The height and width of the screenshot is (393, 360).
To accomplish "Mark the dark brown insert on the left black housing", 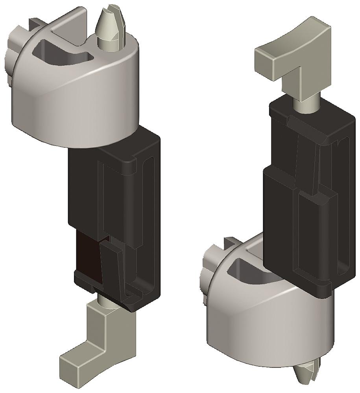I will pyautogui.click(x=87, y=252).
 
